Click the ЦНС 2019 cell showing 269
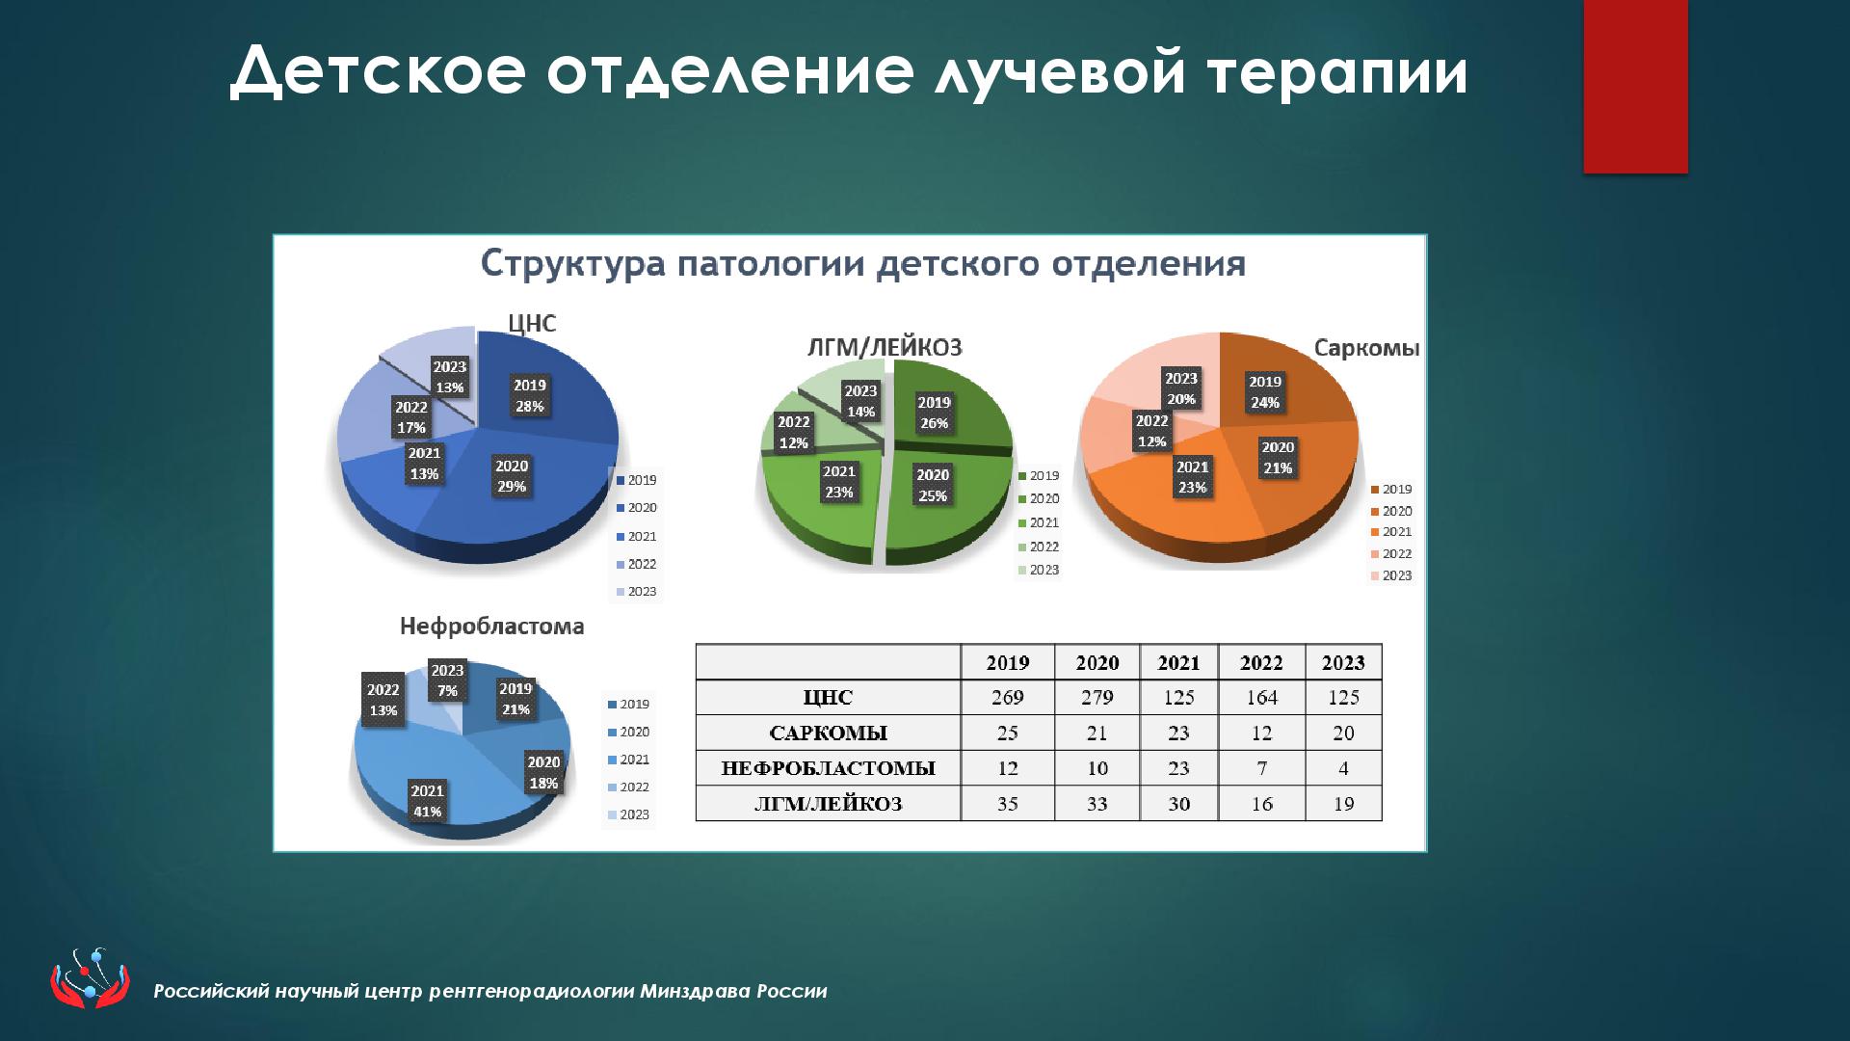pyautogui.click(x=1007, y=697)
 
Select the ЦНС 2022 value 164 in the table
pyautogui.click(x=1261, y=697)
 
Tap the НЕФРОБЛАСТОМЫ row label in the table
pyautogui.click(x=828, y=768)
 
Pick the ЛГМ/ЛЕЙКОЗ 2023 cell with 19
pyautogui.click(x=1343, y=804)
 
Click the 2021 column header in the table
pyautogui.click(x=1178, y=662)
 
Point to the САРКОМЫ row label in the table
pyautogui.click(x=828, y=733)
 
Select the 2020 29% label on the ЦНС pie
pyautogui.click(x=512, y=476)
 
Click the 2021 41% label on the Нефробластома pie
pyautogui.click(x=427, y=801)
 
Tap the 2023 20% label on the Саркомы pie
pyautogui.click(x=1180, y=388)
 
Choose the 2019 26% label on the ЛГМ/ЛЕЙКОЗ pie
pyautogui.click(x=934, y=413)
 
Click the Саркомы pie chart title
pyautogui.click(x=1366, y=348)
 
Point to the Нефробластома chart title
pyautogui.click(x=491, y=627)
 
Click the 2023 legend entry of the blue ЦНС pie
pyautogui.click(x=636, y=592)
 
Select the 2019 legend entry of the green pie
pyautogui.click(x=1039, y=475)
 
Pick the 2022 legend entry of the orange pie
pyautogui.click(x=1390, y=553)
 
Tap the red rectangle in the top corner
pyautogui.click(x=1635, y=87)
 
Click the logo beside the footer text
pyautogui.click(x=90, y=978)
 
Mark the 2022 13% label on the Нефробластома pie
pyautogui.click(x=383, y=700)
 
